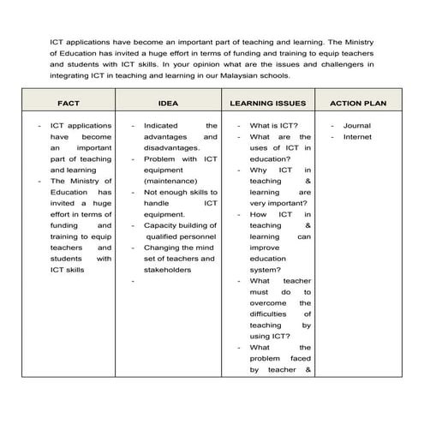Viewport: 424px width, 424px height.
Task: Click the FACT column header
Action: click(x=69, y=103)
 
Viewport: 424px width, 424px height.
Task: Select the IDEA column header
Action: click(x=168, y=103)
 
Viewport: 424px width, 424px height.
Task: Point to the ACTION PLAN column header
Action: click(x=357, y=103)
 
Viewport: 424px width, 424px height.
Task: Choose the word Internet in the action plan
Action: click(x=357, y=136)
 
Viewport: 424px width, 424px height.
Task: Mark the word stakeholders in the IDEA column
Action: click(x=167, y=270)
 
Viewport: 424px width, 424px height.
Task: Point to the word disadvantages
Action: click(x=171, y=147)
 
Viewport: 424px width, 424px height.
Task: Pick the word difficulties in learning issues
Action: click(x=271, y=314)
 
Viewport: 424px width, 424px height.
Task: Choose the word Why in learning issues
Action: click(x=259, y=170)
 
